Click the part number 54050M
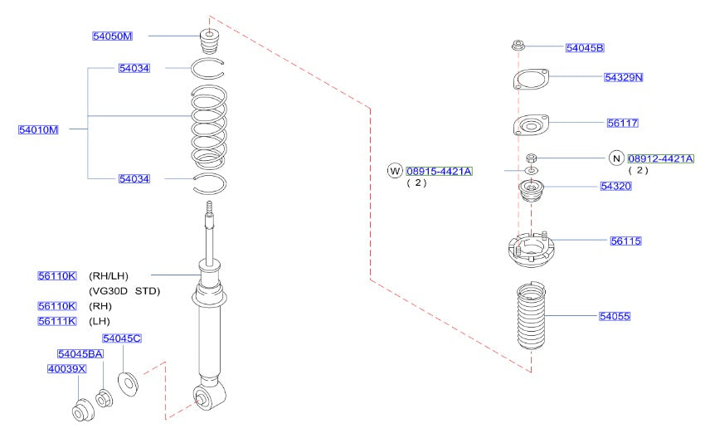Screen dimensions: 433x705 [x=112, y=36]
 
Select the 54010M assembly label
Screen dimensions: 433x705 [x=39, y=129]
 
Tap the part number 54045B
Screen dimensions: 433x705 [x=585, y=47]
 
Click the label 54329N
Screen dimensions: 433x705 [x=624, y=77]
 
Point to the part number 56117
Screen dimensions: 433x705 [x=622, y=122]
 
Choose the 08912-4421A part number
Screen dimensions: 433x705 [x=660, y=158]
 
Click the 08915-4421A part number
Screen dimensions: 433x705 [x=439, y=171]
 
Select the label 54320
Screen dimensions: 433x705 [x=616, y=187]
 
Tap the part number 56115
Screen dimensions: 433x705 [x=626, y=241]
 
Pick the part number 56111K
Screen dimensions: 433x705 [x=57, y=321]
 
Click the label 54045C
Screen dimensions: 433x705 [x=122, y=338]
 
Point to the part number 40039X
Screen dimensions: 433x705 [x=66, y=368]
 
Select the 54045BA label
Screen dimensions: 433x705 [x=80, y=354]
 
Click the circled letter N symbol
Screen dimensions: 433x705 [x=616, y=158]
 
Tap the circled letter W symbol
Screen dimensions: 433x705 [x=395, y=171]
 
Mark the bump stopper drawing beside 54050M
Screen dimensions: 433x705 [x=208, y=41]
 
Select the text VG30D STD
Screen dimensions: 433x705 [x=124, y=291]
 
